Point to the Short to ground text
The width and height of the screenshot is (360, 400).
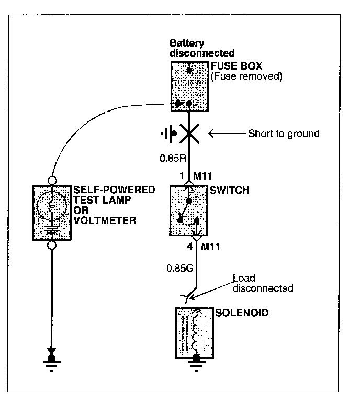click(x=284, y=134)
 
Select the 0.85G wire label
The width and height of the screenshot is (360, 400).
click(x=177, y=269)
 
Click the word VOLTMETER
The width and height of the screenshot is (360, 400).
click(x=104, y=220)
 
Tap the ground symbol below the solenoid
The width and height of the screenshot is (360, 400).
click(x=196, y=363)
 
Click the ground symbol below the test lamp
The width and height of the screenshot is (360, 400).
click(x=52, y=362)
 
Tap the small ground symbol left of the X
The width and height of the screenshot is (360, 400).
click(x=167, y=134)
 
